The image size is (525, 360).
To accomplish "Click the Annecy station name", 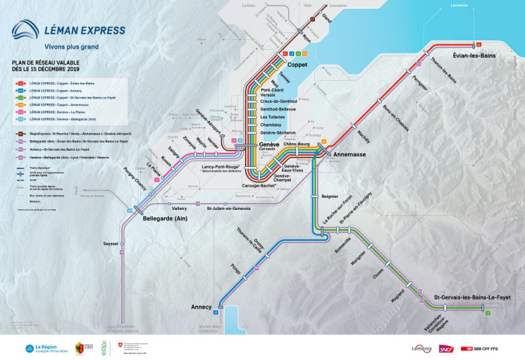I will [x=201, y=307].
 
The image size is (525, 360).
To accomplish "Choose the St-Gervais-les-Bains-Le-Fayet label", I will [x=472, y=297].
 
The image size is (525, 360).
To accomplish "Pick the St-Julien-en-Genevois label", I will [x=228, y=209].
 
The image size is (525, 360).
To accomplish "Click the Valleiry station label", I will [x=179, y=209].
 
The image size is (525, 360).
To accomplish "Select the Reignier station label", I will [x=330, y=196].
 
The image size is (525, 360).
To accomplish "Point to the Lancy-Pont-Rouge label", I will [x=220, y=165].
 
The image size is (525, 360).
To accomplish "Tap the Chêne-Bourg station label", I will [x=295, y=143].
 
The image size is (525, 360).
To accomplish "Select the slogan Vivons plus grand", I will [x=71, y=47].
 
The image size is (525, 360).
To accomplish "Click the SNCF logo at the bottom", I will [x=446, y=349].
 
